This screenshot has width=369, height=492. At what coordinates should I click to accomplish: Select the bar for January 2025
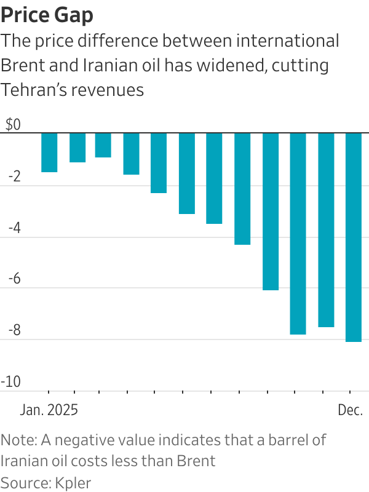point(49,153)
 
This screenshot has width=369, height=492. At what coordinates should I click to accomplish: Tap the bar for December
point(354,237)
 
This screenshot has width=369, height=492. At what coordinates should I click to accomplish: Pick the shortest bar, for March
point(103,145)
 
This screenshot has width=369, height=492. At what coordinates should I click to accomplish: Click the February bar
point(77,148)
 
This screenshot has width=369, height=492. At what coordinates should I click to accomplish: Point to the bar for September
point(271,211)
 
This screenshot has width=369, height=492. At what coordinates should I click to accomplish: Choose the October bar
point(298,233)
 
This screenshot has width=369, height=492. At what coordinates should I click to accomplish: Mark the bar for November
point(326,229)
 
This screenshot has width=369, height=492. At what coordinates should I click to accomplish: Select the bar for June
point(187,173)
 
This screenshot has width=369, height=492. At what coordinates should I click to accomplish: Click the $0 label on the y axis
point(13,125)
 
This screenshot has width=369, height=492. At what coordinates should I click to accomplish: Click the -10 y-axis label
point(11,383)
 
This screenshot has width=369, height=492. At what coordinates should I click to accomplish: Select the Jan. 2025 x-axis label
point(49,410)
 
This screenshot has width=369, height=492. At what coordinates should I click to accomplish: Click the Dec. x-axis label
point(350,410)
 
